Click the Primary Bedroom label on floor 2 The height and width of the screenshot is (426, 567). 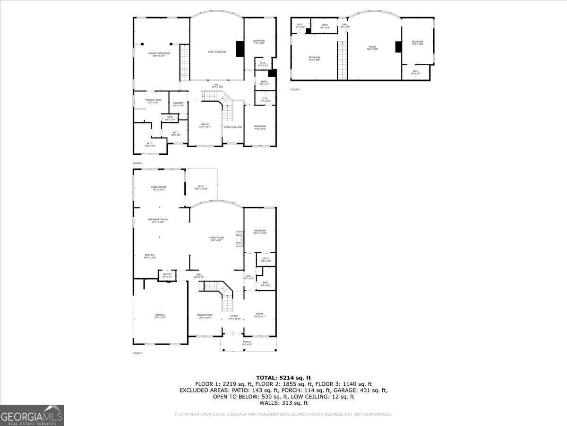point(159,54)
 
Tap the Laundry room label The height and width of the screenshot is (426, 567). point(178,104)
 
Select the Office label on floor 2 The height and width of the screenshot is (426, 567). point(205,125)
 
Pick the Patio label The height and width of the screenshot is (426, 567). point(201,188)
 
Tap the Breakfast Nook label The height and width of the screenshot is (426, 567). point(158,221)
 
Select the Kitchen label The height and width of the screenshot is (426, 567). point(150,256)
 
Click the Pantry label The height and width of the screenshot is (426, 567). point(167,275)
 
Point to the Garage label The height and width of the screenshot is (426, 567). point(160,316)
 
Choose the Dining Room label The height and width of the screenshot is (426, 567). point(205,316)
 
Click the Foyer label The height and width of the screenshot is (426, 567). point(234,318)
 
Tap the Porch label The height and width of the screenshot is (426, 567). point(247,343)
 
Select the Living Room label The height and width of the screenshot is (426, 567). point(217,239)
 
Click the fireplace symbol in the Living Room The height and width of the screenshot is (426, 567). point(240,240)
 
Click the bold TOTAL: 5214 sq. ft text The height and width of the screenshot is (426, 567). point(283,377)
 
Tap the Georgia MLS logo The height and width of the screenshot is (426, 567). point(32,415)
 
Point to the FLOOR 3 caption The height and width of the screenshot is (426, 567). point(295,89)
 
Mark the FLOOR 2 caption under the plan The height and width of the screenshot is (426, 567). point(137,163)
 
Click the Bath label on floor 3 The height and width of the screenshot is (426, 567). point(325,26)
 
